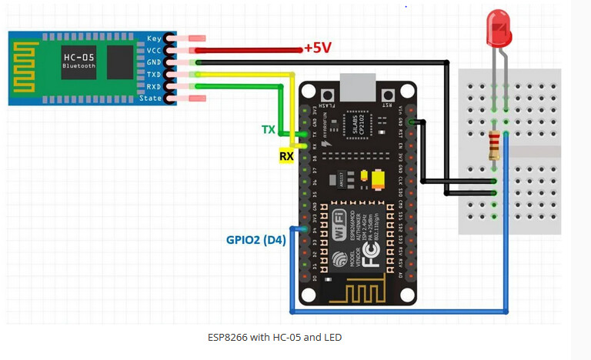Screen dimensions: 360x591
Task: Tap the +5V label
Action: (316, 48)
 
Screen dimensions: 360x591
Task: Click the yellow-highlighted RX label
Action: (286, 156)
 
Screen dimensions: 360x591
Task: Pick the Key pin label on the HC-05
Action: (153, 38)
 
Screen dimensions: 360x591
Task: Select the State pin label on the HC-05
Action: (150, 98)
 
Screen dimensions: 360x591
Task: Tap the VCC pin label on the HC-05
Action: (153, 50)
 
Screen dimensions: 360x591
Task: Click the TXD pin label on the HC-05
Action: (153, 75)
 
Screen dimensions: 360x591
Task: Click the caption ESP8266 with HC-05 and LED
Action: (275, 337)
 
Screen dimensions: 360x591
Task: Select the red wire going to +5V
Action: (246, 50)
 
